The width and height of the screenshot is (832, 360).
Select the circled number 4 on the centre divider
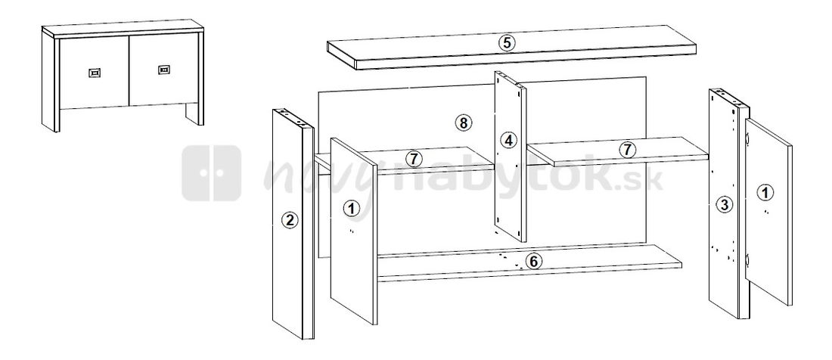coord(508,140)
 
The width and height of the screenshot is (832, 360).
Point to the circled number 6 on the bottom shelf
coord(533,262)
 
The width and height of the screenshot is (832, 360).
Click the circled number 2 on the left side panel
coord(287,221)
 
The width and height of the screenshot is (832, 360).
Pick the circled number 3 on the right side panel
coord(724,204)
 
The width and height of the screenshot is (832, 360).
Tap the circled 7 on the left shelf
coord(412,159)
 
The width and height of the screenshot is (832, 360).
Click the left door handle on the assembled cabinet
coord(95,73)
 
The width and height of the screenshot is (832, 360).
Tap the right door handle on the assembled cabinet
coord(163,70)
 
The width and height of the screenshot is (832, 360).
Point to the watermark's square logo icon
coord(211,172)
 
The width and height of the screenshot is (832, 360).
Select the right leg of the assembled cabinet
coord(195,113)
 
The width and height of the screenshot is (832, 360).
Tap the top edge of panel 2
coord(291,117)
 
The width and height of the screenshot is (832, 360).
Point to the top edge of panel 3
coord(728,98)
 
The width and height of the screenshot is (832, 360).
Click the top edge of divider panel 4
coord(511,78)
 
